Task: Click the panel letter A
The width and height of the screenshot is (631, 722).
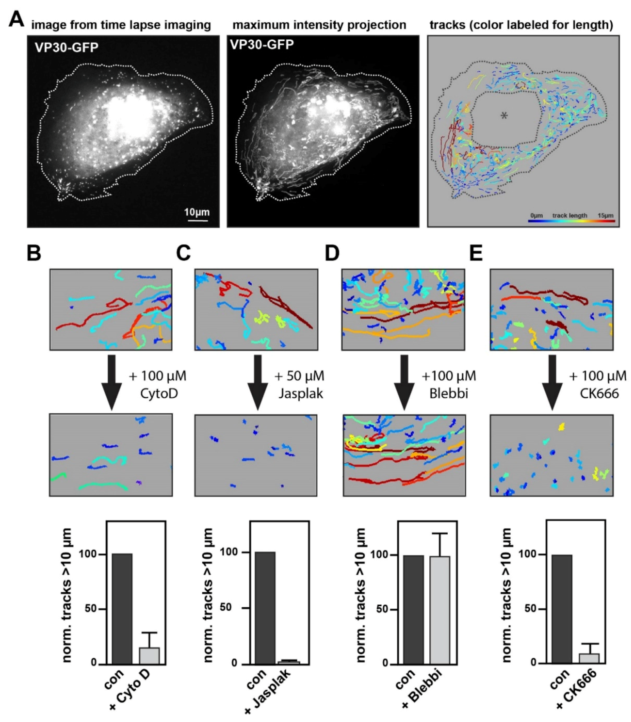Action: (x=16, y=19)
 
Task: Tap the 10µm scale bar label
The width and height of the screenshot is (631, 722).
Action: (x=197, y=212)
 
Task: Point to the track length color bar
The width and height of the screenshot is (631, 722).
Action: (x=571, y=221)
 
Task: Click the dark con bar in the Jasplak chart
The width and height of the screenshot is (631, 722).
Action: (x=265, y=608)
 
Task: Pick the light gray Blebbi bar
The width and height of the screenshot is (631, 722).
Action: (x=440, y=610)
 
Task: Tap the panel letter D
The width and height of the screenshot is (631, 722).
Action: (x=332, y=253)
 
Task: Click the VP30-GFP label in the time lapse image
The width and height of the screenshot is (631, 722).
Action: (x=66, y=48)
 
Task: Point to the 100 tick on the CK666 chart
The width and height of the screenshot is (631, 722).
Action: (x=526, y=554)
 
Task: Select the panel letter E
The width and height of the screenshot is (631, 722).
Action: (x=476, y=253)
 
